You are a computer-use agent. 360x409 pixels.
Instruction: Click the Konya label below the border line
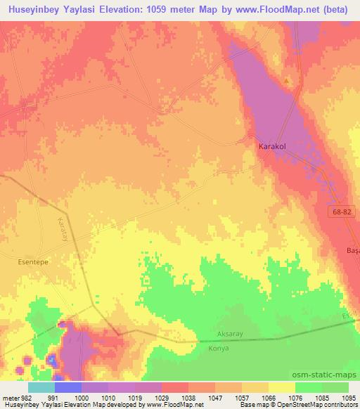pyautogui.click(x=219, y=348)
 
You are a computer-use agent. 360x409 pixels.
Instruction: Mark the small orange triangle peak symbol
pyautogui.click(x=287, y=80)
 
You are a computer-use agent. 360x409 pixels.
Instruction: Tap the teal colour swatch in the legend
pyautogui.click(x=41, y=387)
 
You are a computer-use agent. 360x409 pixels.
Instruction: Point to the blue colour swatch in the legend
pyautogui.click(x=68, y=387)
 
